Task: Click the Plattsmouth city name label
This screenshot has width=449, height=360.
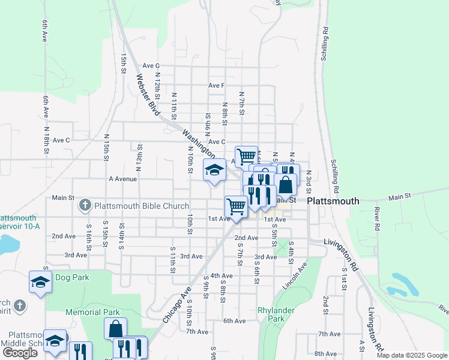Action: click(x=333, y=202)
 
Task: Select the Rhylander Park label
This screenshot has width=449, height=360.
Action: click(x=271, y=314)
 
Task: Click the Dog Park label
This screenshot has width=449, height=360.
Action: click(x=72, y=277)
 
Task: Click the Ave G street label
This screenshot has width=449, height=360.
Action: click(x=151, y=65)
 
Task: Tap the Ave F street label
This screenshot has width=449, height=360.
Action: click(x=216, y=85)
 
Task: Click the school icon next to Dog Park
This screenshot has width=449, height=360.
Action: click(x=40, y=282)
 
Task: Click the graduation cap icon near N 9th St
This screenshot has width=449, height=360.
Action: click(x=214, y=170)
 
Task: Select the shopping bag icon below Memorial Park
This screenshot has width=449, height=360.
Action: click(x=115, y=329)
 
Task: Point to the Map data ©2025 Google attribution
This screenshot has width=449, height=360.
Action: click(x=412, y=355)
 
